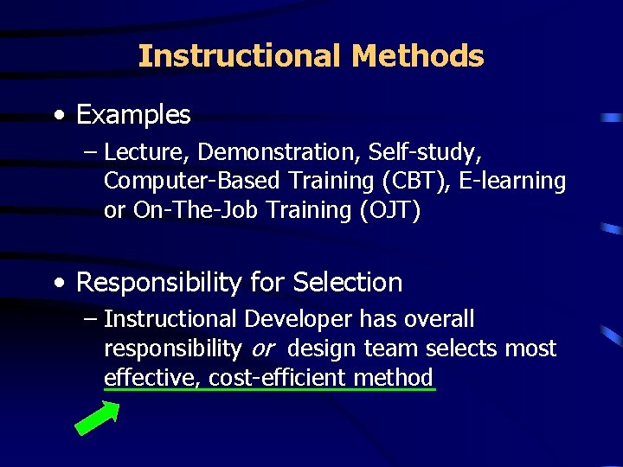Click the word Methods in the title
coord(418,56)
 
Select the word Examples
coord(133,114)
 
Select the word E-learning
coord(516,182)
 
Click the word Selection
coord(348,282)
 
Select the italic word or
coord(262,349)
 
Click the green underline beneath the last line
coord(268,390)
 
